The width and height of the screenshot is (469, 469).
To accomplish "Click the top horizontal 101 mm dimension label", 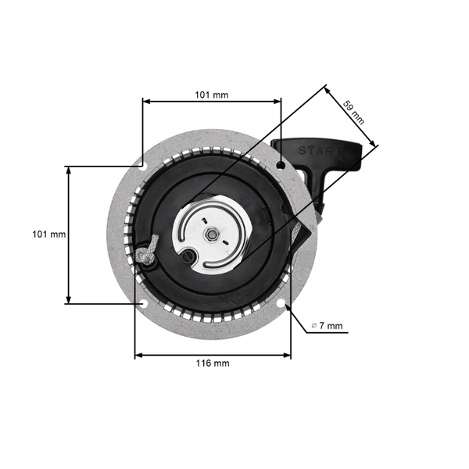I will [211, 95].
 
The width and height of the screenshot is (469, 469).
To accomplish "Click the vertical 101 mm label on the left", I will [48, 234].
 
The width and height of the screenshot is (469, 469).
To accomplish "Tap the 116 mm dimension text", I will [212, 363].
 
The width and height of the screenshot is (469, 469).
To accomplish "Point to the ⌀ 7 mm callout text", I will [326, 324].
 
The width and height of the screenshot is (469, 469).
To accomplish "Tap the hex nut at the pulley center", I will [211, 232].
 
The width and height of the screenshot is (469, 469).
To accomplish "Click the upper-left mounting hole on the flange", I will [142, 164].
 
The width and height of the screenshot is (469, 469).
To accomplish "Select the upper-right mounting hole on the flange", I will [281, 163].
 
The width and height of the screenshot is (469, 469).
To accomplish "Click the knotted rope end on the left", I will [146, 253].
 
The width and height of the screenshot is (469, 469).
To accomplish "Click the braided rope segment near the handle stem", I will [295, 234].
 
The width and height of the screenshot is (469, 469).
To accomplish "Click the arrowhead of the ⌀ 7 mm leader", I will [289, 309].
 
